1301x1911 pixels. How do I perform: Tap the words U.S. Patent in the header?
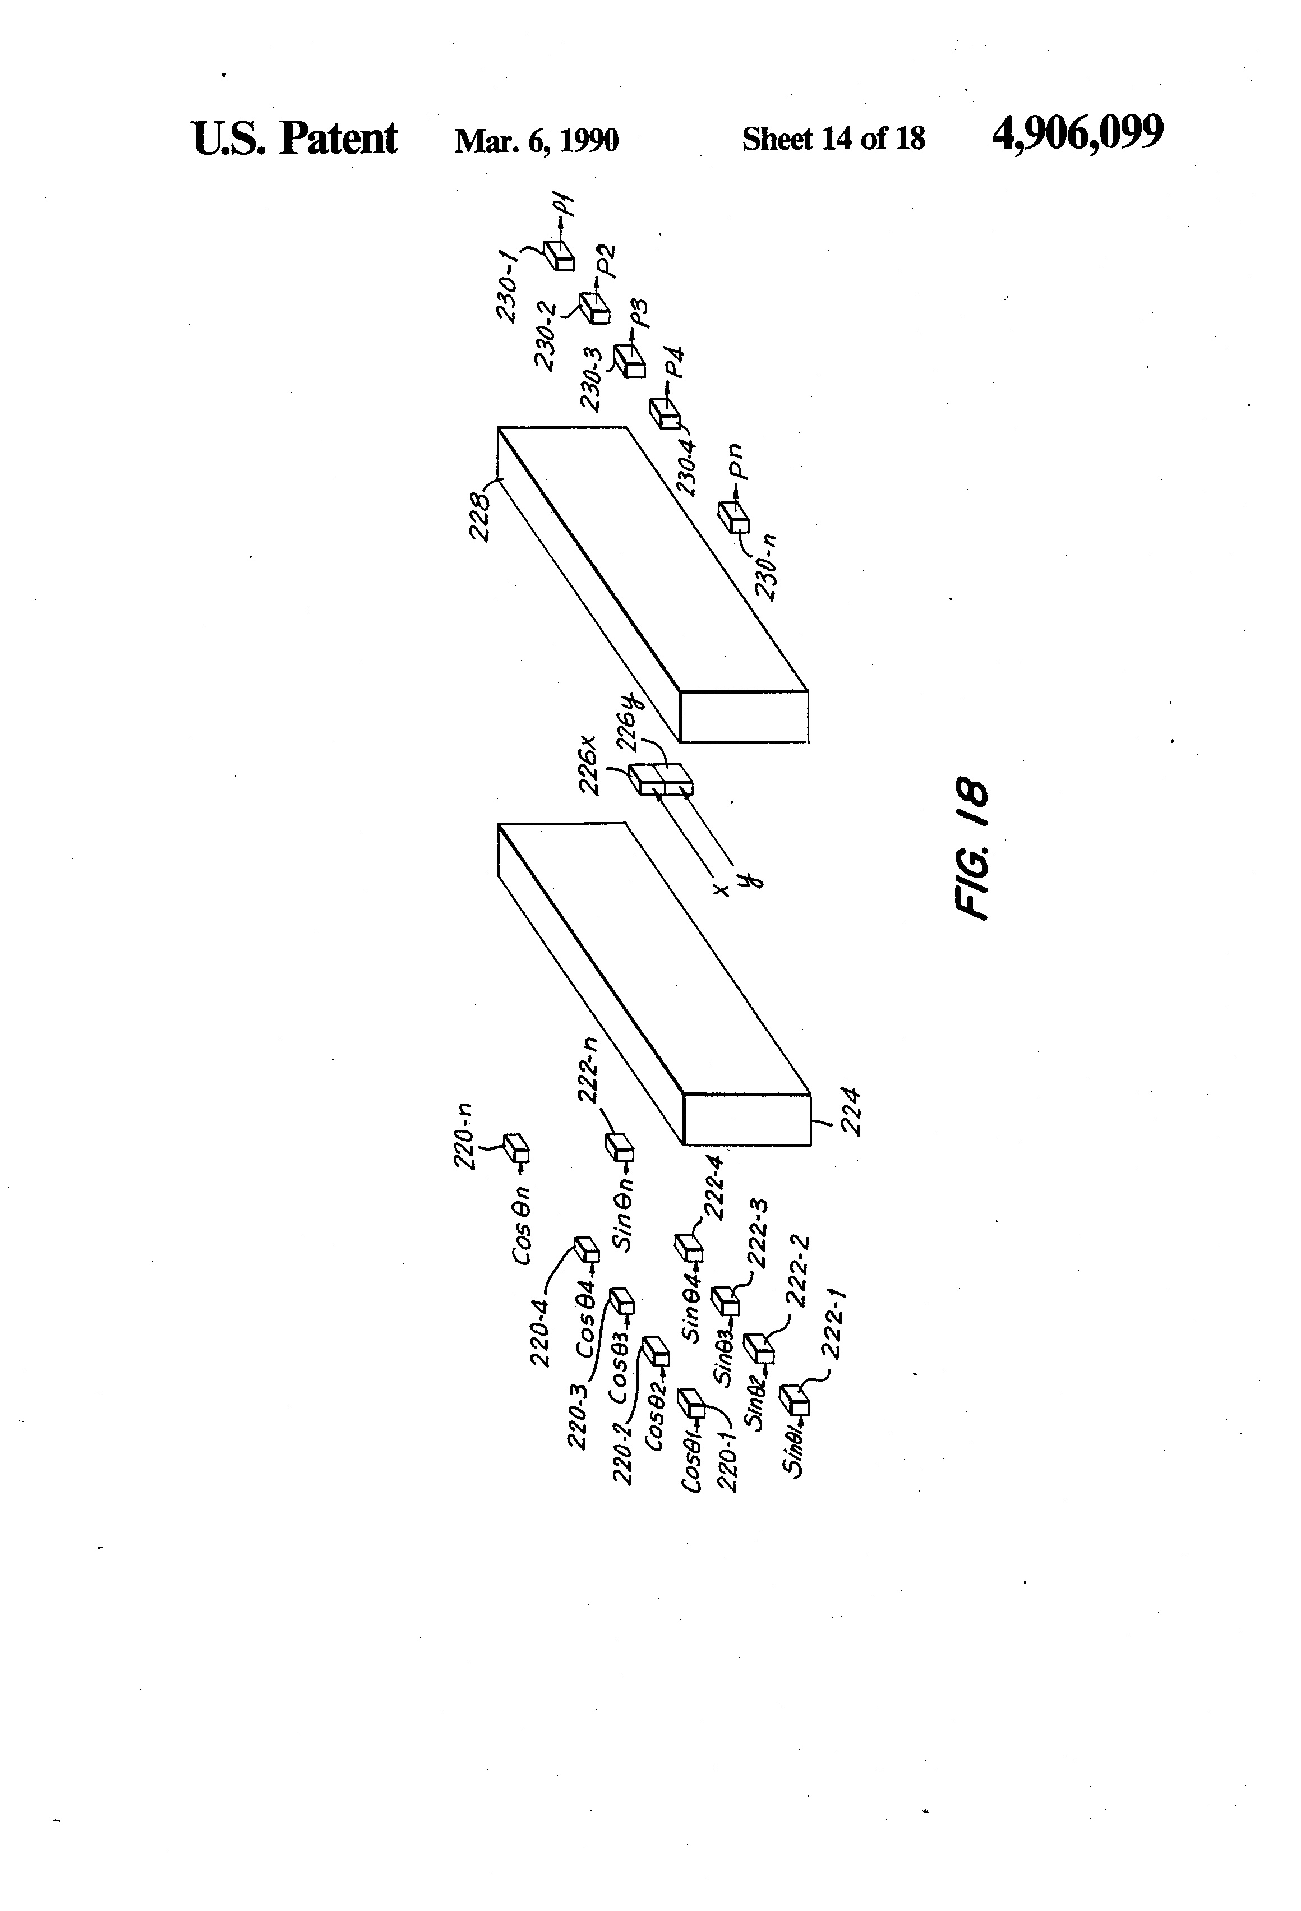[x=294, y=138]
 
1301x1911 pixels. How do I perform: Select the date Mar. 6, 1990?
[x=536, y=140]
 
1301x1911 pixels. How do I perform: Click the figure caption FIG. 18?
[x=973, y=848]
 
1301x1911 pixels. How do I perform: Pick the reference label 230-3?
[x=593, y=379]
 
